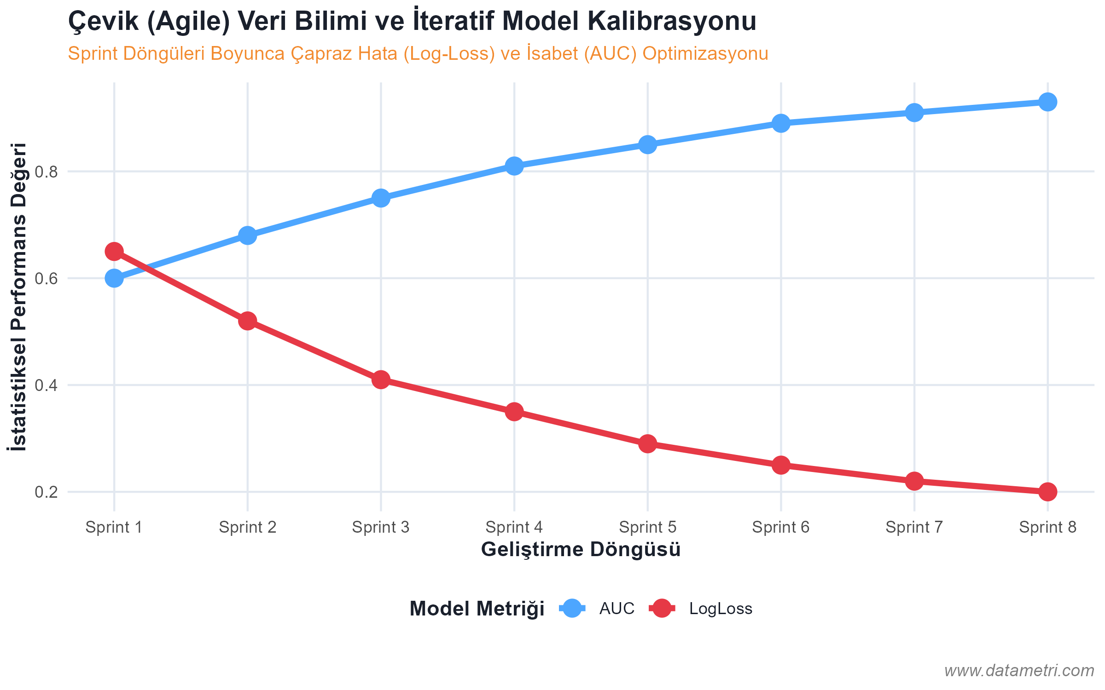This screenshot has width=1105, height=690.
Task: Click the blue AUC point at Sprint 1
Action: pos(114,278)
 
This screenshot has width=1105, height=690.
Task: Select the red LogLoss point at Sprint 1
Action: pos(114,252)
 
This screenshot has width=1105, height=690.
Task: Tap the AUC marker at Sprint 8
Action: pos(1047,102)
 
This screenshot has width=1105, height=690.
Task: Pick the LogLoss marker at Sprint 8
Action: pos(1047,492)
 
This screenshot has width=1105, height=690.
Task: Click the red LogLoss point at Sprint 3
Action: pos(381,379)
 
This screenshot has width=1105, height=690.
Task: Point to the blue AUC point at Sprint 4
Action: pos(514,166)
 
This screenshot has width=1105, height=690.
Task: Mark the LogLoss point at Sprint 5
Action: pos(647,444)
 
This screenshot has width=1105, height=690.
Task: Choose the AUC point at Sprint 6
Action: pos(781,123)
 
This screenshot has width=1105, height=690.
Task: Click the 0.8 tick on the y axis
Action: pos(47,172)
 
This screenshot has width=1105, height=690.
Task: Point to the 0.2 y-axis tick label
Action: pos(47,492)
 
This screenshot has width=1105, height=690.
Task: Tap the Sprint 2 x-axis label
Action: pos(247,527)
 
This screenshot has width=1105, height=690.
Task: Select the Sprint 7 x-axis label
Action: pos(914,527)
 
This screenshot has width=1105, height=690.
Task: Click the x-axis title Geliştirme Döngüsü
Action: pos(581,550)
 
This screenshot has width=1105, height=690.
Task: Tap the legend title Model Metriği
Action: pos(477,609)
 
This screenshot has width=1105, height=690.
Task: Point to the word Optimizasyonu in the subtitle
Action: pos(705,54)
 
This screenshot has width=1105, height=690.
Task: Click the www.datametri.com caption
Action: pos(1019,671)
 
